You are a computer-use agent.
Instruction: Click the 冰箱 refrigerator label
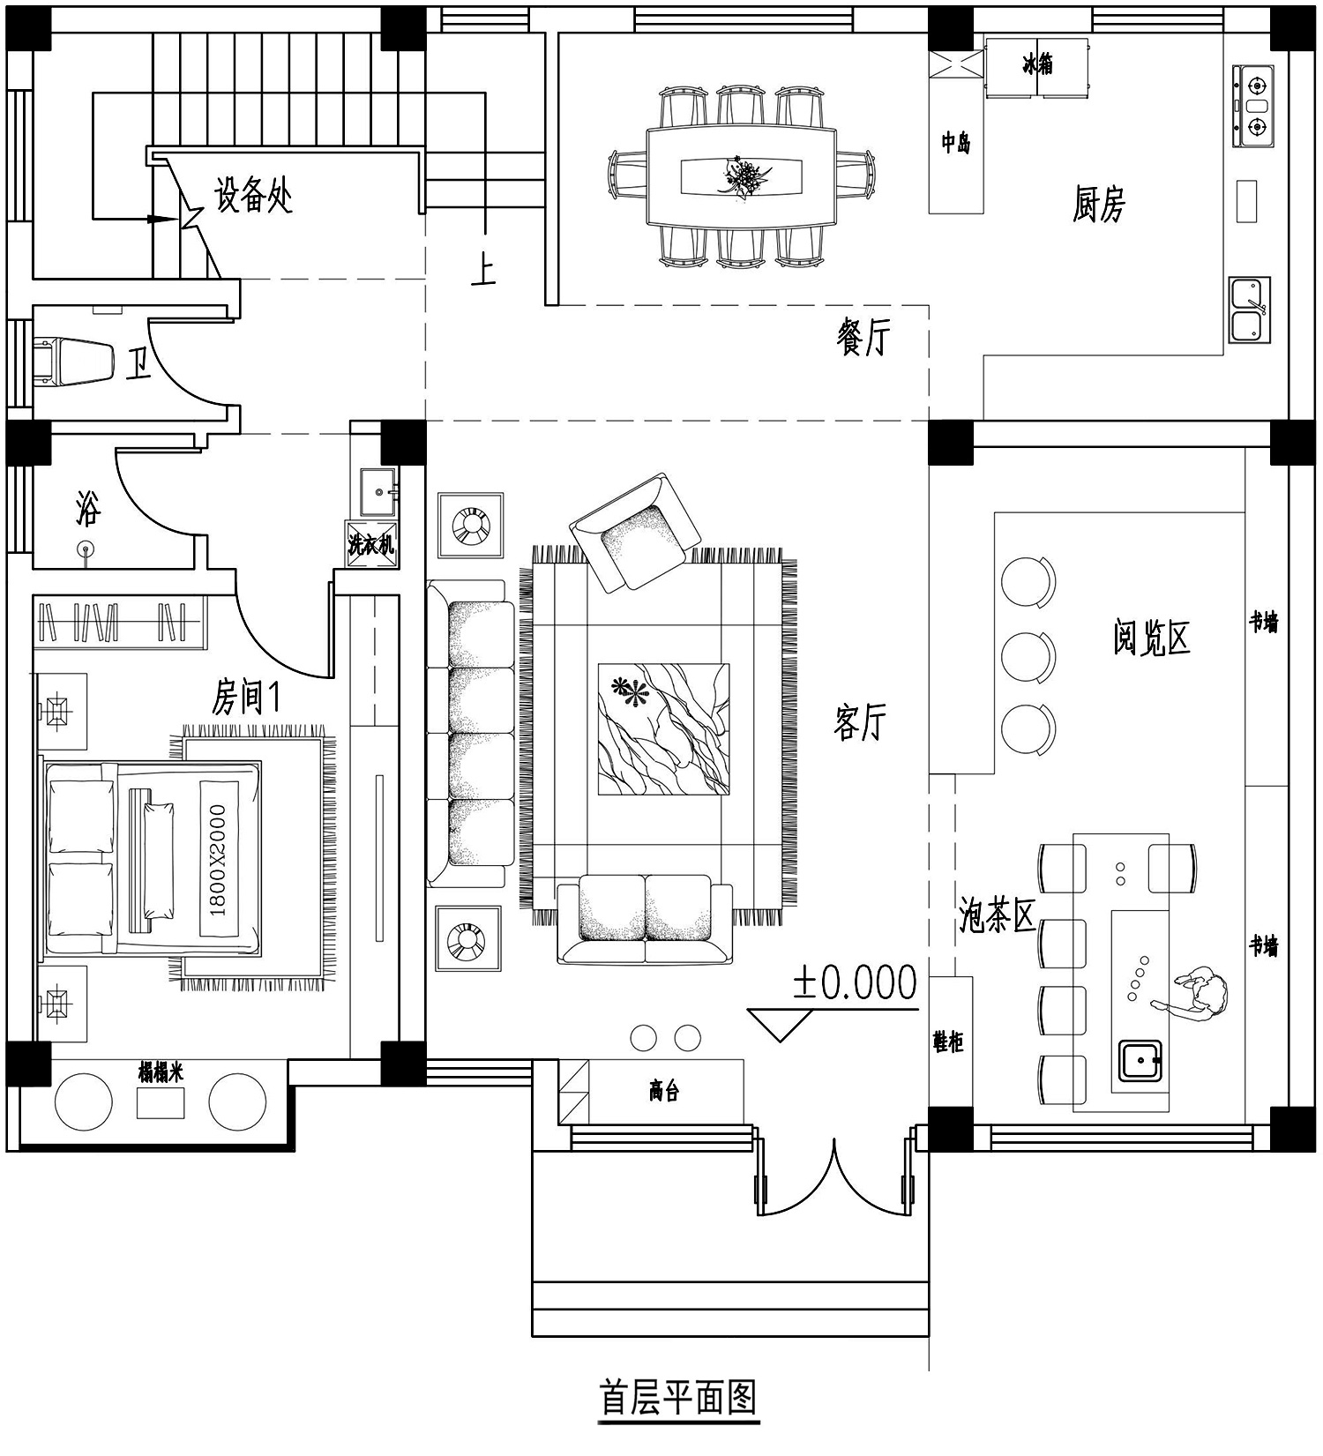[x=1037, y=65]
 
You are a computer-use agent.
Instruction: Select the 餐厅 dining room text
[x=863, y=337]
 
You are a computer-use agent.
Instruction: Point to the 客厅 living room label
[x=860, y=722]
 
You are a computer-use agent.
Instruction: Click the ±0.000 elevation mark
[x=855, y=982]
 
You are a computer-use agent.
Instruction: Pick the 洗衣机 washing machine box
[x=371, y=544]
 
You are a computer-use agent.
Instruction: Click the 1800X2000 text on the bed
[x=218, y=859]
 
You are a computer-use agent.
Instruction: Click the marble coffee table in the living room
[x=663, y=729]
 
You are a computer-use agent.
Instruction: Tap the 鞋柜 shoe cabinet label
[x=949, y=1041]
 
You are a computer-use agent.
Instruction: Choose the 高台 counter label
[x=664, y=1091]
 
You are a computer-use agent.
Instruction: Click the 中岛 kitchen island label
[x=955, y=142]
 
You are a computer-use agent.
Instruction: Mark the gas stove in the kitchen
[x=1254, y=106]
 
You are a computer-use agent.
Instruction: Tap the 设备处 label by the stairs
[x=253, y=195]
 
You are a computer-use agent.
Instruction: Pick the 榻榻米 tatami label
[x=161, y=1071]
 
